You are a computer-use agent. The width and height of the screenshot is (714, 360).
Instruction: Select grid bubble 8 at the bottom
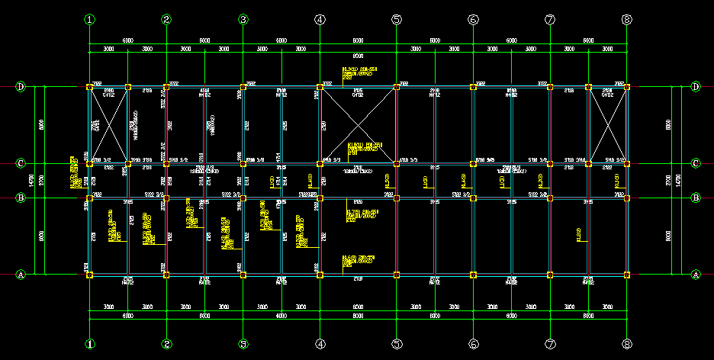click(x=626, y=344)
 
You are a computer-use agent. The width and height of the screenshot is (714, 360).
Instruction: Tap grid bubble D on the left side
click(x=21, y=87)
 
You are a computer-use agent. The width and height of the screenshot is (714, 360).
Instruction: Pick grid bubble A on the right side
click(x=695, y=274)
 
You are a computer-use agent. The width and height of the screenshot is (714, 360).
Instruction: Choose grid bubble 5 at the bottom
click(x=397, y=344)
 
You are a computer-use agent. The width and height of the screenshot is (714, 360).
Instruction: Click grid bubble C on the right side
click(x=695, y=163)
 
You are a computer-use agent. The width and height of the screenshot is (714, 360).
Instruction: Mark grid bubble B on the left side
click(x=21, y=198)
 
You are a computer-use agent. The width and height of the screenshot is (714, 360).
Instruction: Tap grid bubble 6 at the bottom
click(x=473, y=344)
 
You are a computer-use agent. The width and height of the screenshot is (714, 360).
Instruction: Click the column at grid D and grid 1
click(x=90, y=87)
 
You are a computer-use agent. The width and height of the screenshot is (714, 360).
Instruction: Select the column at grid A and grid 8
click(x=626, y=274)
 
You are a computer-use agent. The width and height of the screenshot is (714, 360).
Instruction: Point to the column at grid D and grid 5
click(x=397, y=87)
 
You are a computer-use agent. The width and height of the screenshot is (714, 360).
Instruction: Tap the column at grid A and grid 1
click(x=90, y=274)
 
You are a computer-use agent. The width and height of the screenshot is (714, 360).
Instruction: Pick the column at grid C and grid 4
click(x=320, y=163)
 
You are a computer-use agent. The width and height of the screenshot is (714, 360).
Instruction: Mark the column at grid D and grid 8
click(x=626, y=87)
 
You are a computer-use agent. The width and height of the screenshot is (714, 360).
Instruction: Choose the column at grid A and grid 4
click(x=320, y=274)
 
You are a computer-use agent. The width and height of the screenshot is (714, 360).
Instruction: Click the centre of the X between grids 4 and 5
click(x=358, y=125)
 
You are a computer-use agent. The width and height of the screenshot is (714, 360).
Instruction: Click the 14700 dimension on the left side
click(x=31, y=181)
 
